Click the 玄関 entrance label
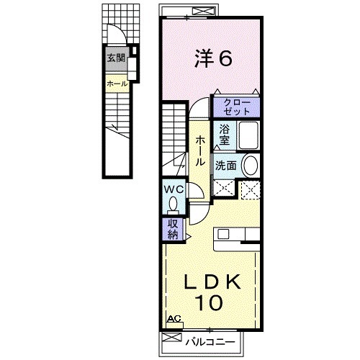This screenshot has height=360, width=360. point(116,58)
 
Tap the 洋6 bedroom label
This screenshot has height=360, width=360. point(213,58)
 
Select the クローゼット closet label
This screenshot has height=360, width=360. point(237,107)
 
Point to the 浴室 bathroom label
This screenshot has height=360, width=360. point(225,135)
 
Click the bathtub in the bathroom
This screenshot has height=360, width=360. point(248,135)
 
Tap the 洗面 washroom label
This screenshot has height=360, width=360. point(225,166)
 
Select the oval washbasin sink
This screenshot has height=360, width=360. point(251,166)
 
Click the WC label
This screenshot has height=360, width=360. point(174,189)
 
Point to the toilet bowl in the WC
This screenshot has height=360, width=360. point(173,204)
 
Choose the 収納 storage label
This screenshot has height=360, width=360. point(173,229)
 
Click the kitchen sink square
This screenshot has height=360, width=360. point(223,234)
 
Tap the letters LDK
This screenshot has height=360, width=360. point(212,282)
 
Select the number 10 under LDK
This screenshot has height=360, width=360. point(209,302)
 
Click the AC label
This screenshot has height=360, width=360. point(174,319)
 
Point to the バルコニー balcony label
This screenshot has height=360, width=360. point(210,341)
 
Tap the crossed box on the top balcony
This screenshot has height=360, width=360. point(204,12)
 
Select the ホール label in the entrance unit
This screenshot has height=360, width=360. point(117,84)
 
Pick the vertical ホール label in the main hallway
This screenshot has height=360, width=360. point(200,151)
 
